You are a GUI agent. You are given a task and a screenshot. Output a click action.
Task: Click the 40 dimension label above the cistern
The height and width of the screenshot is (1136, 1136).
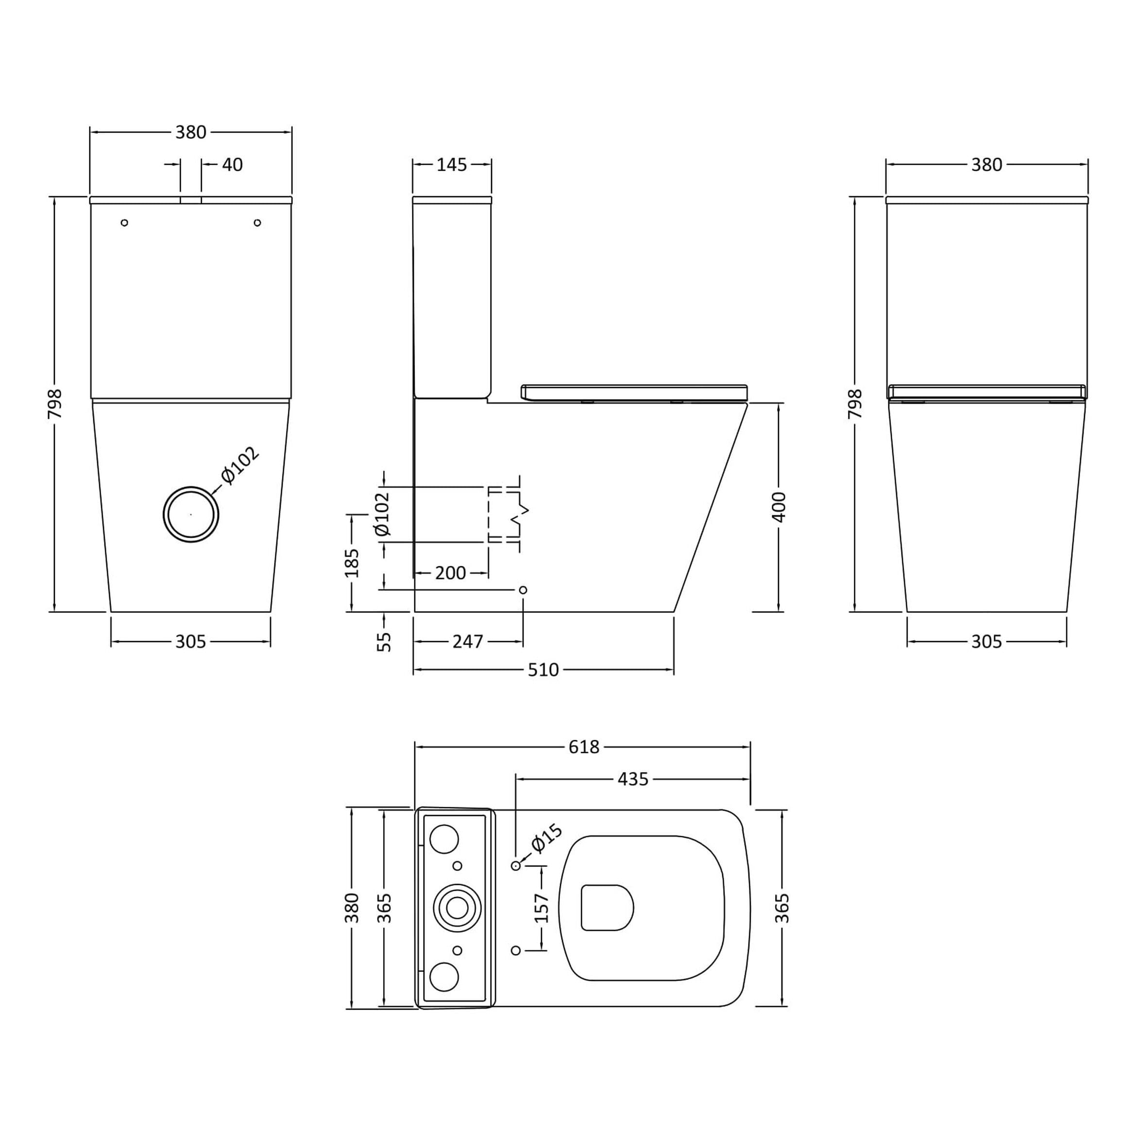[x=232, y=165]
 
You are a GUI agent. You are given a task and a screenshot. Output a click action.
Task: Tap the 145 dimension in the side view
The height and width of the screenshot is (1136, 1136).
[x=452, y=165]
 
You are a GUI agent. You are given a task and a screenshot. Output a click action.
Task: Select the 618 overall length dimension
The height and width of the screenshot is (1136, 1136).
[x=584, y=747]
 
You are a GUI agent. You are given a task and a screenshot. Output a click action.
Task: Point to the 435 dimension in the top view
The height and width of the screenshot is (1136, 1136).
[x=633, y=779]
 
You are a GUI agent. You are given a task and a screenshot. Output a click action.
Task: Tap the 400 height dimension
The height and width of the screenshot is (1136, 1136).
[x=779, y=507]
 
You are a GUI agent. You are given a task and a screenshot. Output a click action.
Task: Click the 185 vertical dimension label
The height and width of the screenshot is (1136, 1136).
[x=352, y=563]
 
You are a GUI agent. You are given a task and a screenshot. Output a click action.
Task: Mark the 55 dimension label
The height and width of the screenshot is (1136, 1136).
[x=384, y=642]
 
